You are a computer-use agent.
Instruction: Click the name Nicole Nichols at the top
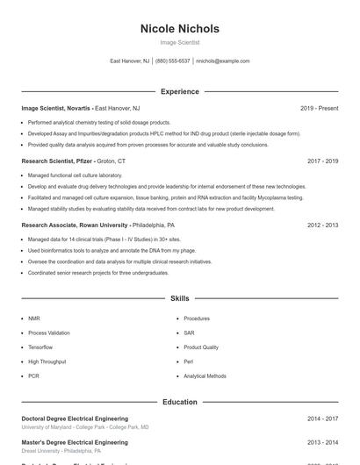pos(180,29)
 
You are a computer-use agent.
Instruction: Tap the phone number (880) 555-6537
pos(173,61)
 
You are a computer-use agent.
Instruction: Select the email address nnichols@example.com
pos(223,61)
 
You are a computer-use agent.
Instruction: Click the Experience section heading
pos(180,91)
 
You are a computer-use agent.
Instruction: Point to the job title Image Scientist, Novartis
pos(56,108)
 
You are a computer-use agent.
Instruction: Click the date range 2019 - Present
pos(319,108)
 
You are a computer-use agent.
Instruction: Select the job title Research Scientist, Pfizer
pos(57,161)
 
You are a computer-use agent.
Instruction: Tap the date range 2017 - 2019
pos(322,161)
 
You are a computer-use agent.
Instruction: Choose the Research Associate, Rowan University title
pos(73,225)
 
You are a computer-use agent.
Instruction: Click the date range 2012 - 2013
pos(322,225)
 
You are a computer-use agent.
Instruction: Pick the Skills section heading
pos(180,299)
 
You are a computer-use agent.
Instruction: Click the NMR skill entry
pos(34,318)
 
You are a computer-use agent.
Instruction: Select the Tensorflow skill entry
pos(40,347)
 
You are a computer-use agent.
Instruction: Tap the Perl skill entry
pos(188,361)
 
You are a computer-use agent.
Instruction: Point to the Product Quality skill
pos(201,347)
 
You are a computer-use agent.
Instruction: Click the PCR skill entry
pos(33,376)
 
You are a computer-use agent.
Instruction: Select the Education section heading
pos(180,402)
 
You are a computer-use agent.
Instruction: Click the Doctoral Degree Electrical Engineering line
pos(75,418)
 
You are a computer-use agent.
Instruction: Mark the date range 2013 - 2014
pos(322,443)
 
